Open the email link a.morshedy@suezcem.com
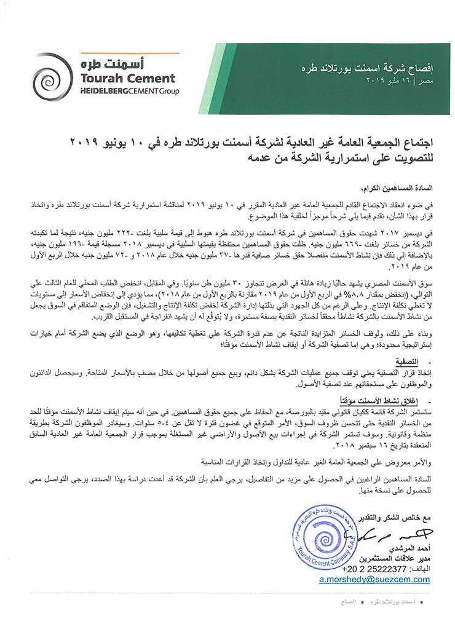[x=374, y=579]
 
